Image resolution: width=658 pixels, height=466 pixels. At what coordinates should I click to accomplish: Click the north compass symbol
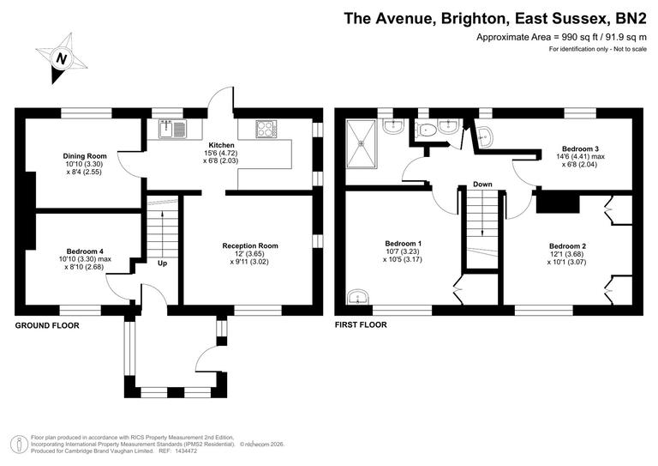pos(61,58)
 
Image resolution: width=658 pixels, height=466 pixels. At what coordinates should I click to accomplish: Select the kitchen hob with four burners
pos(266,130)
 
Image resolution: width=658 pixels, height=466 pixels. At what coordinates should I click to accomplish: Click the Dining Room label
pos(84,155)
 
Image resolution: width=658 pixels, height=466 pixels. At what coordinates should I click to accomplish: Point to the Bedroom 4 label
pos(83,251)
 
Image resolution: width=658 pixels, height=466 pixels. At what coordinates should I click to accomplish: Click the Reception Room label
pos(250,246)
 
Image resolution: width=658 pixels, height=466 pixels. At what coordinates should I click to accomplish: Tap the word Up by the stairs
pos(162,263)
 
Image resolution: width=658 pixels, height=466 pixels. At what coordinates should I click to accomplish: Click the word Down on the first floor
pos(482,185)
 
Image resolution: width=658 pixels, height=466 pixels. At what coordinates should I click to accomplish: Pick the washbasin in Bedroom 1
pos(357,298)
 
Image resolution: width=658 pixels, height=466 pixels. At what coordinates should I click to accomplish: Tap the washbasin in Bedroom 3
pos(485,135)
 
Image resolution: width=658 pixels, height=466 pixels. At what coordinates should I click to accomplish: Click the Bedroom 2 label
pos(568,245)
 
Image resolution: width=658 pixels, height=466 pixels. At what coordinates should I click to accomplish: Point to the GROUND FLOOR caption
pos(47,326)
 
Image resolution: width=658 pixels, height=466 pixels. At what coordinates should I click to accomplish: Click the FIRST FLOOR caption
pos(361,325)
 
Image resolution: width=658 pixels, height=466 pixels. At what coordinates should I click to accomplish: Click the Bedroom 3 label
pos(580,148)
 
